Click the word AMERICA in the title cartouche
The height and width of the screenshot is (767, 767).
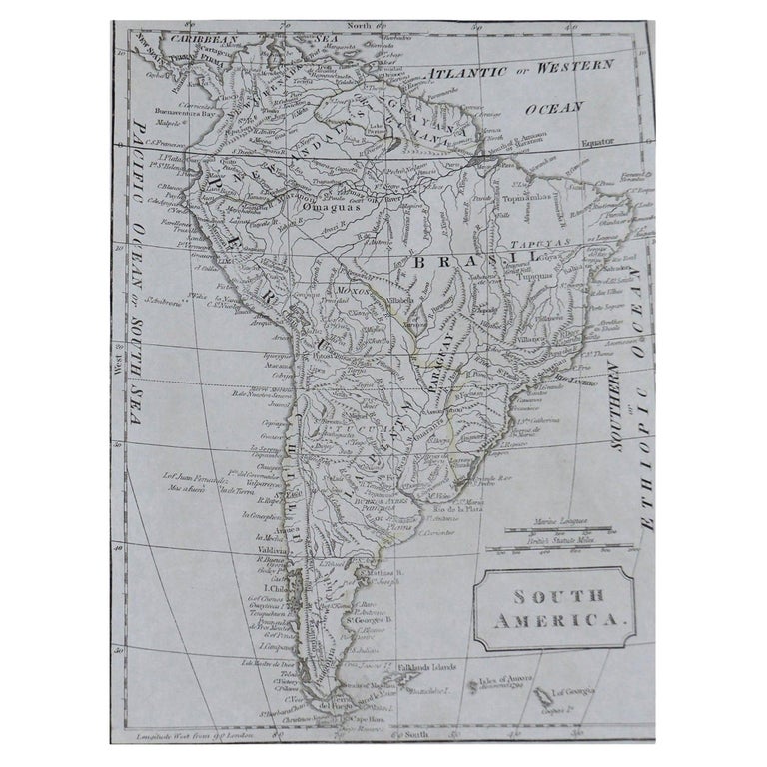click(568, 620)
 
